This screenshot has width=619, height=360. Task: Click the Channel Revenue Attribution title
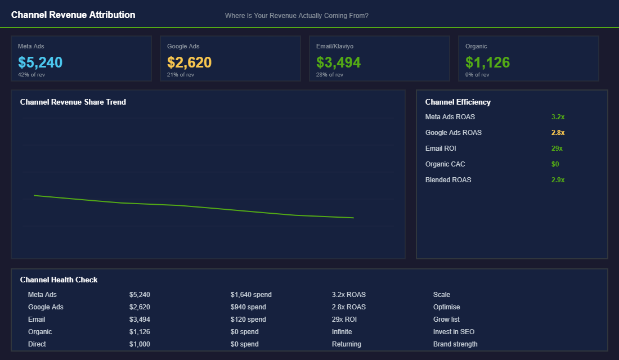(73, 15)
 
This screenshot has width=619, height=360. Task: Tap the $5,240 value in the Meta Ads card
(40, 62)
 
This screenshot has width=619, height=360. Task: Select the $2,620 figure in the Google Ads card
(189, 62)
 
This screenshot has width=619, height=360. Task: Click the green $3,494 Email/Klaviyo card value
(338, 62)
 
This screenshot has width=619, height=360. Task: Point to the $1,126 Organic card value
(487, 62)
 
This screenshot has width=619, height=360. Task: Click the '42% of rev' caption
(32, 75)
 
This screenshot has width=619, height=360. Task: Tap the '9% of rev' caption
(477, 75)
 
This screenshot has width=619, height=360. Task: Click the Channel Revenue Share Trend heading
(73, 102)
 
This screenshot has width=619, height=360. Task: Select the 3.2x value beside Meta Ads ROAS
(558, 117)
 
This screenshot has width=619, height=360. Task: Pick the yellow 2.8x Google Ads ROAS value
(558, 133)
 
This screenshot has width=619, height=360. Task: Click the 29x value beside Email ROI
(557, 148)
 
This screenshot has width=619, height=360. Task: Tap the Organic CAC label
(445, 164)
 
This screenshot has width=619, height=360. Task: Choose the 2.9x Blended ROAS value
(558, 180)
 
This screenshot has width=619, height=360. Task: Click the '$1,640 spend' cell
(251, 295)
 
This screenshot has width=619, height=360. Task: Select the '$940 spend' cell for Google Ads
(248, 307)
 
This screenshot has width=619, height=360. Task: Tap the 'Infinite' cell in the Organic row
(342, 332)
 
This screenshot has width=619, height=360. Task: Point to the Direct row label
(37, 344)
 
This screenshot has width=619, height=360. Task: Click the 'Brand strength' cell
(455, 344)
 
